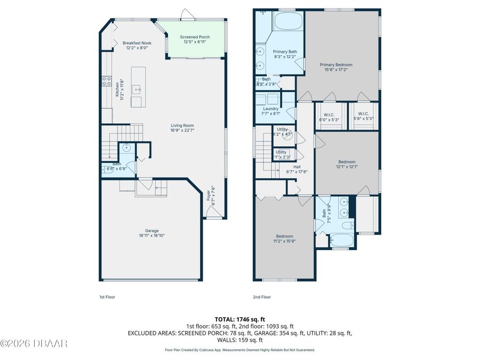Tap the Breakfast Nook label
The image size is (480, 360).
coord(137,43)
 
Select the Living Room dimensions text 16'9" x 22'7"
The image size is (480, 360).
coord(182,130)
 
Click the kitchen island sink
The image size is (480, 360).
coord(136,90)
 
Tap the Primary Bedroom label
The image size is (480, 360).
coord(336,65)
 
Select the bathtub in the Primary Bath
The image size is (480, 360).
coord(288,23)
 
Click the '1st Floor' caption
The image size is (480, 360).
coord(107,297)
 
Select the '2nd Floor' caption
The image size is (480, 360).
coord(262,297)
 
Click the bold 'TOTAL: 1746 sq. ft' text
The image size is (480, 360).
coord(239,318)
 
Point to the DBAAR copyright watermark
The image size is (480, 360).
coord(34,343)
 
